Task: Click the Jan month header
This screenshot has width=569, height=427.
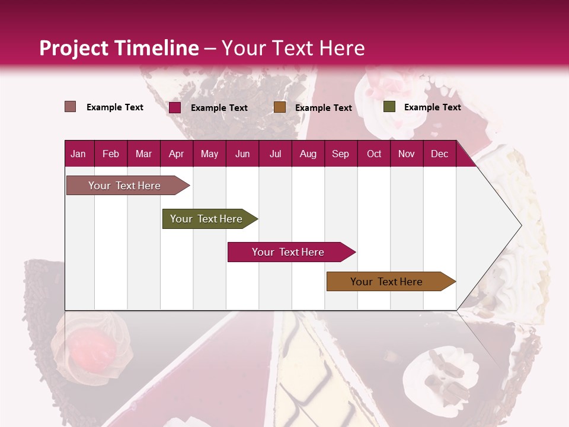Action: point(79,154)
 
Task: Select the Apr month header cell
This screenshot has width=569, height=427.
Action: point(177,154)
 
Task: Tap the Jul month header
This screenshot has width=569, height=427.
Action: point(275,154)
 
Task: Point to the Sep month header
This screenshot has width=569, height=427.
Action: point(341,154)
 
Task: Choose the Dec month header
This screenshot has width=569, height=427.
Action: point(439,154)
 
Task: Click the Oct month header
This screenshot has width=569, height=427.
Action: point(374,154)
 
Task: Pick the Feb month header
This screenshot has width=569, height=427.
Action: point(111,154)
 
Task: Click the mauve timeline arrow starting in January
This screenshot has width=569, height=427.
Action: point(125,186)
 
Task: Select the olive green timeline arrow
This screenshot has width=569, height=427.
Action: point(207,219)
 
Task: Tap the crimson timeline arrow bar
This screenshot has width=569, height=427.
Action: point(289,252)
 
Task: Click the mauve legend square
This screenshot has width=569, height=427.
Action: point(71,107)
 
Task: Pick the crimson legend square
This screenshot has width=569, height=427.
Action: point(175,107)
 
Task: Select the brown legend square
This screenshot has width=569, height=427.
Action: point(280,107)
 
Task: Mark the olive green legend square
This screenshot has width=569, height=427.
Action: point(389,107)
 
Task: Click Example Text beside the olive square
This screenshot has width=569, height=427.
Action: point(432,107)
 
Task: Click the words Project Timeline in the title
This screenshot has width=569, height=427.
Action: point(119,48)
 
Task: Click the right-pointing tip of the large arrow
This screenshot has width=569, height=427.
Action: point(520,225)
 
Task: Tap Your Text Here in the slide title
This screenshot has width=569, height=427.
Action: point(293,48)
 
